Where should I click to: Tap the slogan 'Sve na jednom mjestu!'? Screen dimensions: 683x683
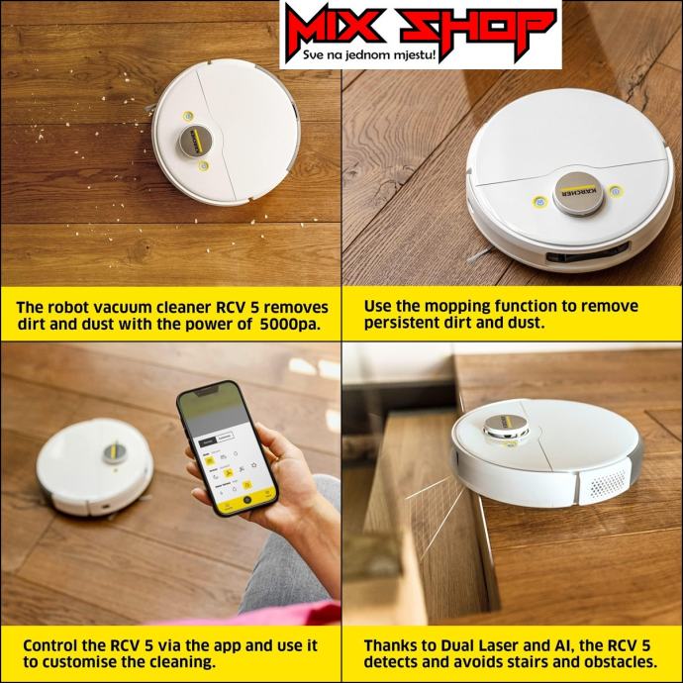(x=370, y=55)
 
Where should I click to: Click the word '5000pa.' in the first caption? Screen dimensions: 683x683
(x=290, y=325)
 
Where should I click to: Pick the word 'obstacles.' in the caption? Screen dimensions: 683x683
(x=621, y=662)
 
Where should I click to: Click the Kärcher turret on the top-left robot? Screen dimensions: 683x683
(x=196, y=142)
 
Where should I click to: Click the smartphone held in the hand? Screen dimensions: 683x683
(x=227, y=447)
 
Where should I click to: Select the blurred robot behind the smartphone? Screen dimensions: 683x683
(x=94, y=465)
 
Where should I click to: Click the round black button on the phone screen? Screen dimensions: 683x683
(x=247, y=500)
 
